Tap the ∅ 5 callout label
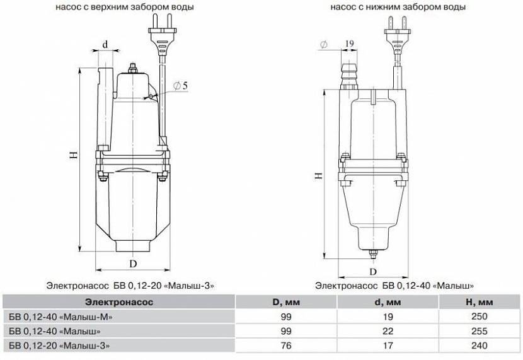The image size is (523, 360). (180, 86)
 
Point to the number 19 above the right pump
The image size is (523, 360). (349, 44)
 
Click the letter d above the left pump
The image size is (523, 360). (105, 44)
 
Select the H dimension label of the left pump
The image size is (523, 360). (74, 154)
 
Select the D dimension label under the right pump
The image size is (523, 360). (373, 272)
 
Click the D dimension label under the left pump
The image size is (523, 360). (133, 264)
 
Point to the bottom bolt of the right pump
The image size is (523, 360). (373, 254)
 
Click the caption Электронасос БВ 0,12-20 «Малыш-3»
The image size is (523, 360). (130, 286)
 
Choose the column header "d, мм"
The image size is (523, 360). (388, 302)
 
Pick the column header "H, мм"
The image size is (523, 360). (480, 302)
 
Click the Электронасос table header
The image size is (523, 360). (119, 302)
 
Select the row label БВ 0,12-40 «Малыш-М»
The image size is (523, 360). (60, 316)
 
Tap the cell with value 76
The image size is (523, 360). (286, 345)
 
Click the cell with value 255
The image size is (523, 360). (480, 331)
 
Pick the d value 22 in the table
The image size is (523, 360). (388, 331)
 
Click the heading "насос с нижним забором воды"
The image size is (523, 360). (398, 7)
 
